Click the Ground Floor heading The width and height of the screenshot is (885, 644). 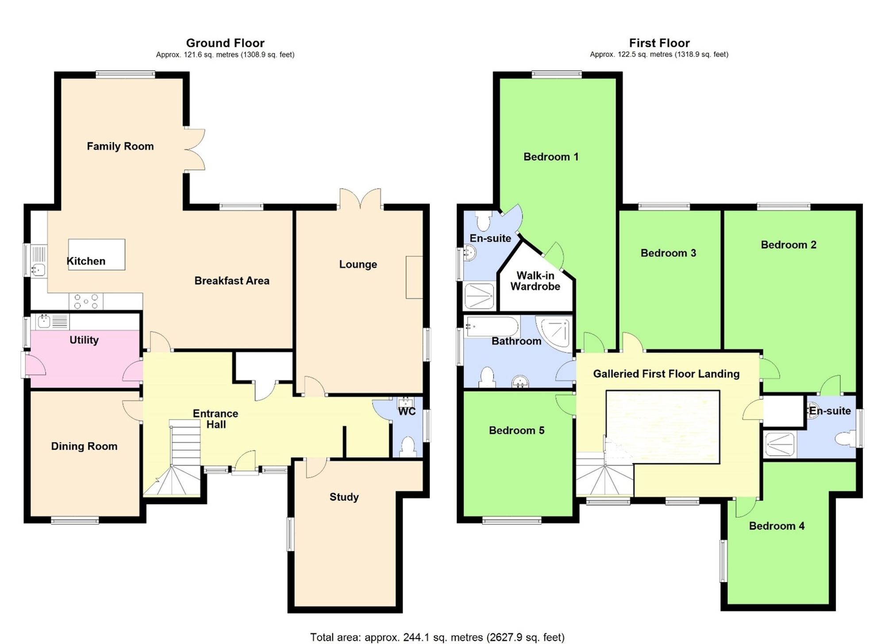[x=225, y=43]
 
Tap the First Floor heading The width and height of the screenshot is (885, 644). [x=659, y=43]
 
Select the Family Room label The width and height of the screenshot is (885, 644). [x=120, y=147]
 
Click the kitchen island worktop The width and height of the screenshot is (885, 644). [x=96, y=254]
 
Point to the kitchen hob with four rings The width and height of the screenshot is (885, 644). [x=86, y=301]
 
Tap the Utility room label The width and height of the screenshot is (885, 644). [x=84, y=340]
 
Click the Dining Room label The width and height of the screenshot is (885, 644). [x=84, y=446]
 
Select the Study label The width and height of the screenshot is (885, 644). [x=344, y=497]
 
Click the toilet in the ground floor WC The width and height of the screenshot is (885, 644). [x=407, y=447]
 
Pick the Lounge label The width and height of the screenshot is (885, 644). [x=358, y=264]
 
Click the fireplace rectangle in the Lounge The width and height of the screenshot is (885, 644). [x=414, y=277]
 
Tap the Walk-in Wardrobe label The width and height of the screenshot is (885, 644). [x=535, y=281]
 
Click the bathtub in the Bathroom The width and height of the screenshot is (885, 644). [x=492, y=327]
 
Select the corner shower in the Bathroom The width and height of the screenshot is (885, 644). [x=555, y=332]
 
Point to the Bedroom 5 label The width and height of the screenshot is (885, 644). [x=516, y=431]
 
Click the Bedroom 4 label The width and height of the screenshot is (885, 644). [x=777, y=526]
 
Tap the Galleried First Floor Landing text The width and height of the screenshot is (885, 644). [x=666, y=374]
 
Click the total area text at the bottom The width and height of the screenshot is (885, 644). [x=437, y=637]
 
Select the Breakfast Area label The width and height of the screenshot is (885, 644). [x=231, y=281]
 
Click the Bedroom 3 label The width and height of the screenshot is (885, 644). [x=668, y=253]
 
